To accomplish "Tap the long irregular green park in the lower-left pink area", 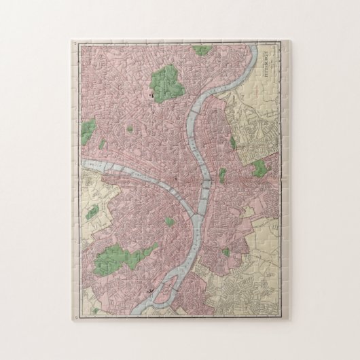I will [x=122, y=256].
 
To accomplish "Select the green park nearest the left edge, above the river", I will [x=88, y=127].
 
